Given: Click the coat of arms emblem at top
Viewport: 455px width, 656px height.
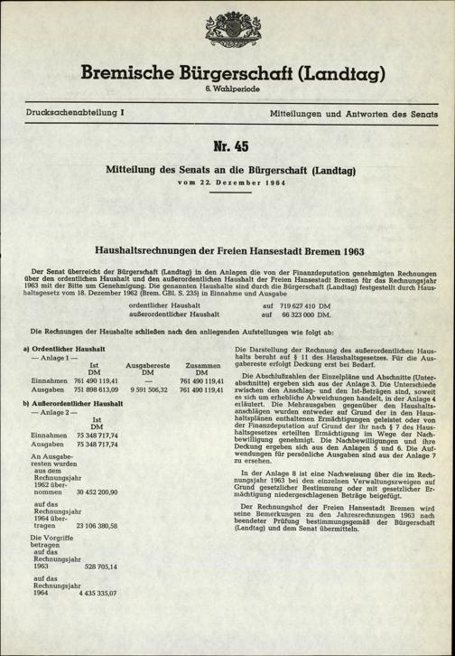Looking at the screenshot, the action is tap(227, 25).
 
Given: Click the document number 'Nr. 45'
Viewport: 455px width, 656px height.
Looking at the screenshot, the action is tap(227, 147).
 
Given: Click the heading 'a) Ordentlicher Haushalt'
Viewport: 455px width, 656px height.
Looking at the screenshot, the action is tap(63, 348).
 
